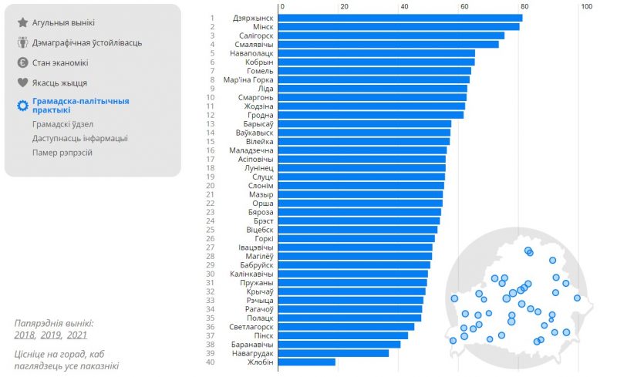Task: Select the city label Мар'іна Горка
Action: [x=248, y=79]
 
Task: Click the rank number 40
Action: [x=210, y=362]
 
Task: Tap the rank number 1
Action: [x=211, y=18]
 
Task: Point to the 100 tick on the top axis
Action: [x=586, y=6]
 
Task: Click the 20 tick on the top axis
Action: [x=344, y=6]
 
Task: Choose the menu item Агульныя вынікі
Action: [x=63, y=23]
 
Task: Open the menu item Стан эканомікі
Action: [x=60, y=62]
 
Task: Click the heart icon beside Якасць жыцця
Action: [x=22, y=82]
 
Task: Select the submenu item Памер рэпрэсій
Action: [x=62, y=153]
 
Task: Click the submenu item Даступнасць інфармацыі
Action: [x=80, y=138]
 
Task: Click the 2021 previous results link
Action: [x=76, y=335]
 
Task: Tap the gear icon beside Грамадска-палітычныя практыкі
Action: [x=22, y=105]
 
